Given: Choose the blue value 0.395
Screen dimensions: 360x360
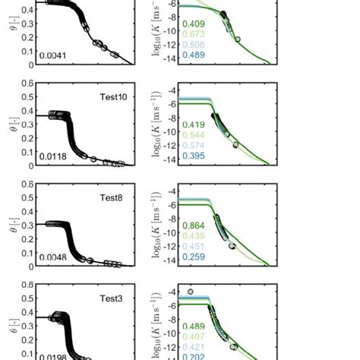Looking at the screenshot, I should (194, 156).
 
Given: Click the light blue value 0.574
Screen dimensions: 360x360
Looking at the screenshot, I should (194, 146).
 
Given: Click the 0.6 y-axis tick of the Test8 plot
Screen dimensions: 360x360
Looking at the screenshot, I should (27, 185).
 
